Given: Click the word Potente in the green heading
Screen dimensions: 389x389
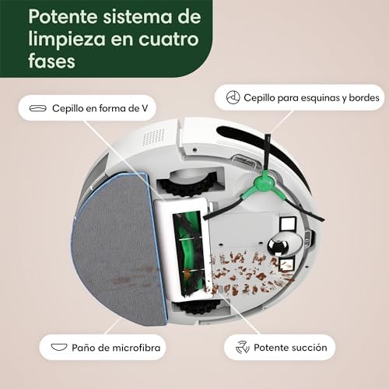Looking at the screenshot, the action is coord(63,16).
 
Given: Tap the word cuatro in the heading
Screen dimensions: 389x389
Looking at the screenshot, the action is coord(169,39).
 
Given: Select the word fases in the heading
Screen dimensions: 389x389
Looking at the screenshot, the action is coord(51,61).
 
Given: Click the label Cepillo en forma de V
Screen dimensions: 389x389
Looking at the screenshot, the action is coord(100,108).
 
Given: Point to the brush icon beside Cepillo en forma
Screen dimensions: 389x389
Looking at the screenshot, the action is coord(38,108).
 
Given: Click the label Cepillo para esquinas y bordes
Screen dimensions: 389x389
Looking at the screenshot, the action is coord(311,98).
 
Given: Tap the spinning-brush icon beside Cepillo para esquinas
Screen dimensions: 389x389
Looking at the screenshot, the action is coord(233,97).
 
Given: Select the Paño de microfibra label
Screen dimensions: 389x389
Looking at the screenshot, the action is coord(116,348).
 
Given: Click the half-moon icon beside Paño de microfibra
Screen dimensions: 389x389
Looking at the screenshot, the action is coord(59,347).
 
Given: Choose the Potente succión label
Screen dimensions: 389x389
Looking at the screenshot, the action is coord(290,348).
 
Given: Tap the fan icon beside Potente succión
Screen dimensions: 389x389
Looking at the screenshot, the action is coord(243,347).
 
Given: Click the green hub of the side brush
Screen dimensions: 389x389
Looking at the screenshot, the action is coord(264,182).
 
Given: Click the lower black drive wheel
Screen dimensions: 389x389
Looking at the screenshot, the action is coord(199,307).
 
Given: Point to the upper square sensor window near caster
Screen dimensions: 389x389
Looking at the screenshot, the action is coord(288,223).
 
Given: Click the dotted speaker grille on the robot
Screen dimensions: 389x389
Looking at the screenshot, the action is coord(153,136).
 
